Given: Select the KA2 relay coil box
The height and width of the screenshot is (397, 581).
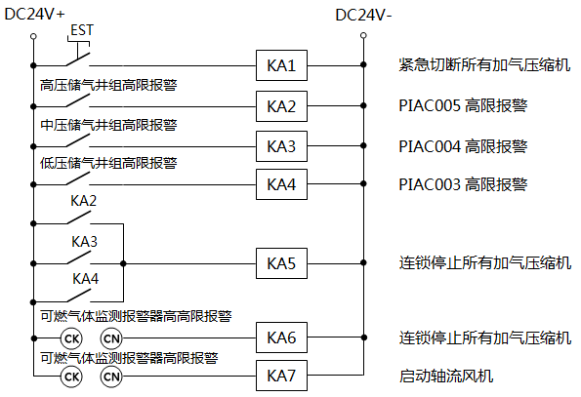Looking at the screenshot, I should click(281, 105).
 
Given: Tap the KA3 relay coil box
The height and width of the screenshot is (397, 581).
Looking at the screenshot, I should click(281, 145).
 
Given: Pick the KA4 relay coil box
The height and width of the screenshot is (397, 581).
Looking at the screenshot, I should click(281, 183).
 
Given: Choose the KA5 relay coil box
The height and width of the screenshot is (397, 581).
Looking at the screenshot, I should click(281, 263).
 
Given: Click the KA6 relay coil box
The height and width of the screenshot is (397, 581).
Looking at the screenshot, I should click(281, 337).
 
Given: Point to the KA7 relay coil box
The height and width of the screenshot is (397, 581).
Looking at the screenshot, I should click(281, 375).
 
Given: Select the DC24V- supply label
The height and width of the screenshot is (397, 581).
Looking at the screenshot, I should click(362, 15).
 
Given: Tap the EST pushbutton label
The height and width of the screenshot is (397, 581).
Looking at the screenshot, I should click(82, 30).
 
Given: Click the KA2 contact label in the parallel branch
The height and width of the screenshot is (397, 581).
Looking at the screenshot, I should click(84, 201).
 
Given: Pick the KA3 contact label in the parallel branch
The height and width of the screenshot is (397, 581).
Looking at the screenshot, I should click(84, 240).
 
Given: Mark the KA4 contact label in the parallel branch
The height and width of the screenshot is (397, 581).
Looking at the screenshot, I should click(84, 278).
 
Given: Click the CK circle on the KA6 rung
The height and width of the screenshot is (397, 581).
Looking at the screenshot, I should click(71, 337).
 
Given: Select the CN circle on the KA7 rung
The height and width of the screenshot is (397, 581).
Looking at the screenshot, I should click(111, 375).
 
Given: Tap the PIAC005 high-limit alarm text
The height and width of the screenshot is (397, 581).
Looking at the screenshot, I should click(463, 105).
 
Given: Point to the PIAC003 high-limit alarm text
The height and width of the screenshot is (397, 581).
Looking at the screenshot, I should click(463, 183).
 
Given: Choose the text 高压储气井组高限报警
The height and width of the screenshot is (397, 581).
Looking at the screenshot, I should click(108, 85).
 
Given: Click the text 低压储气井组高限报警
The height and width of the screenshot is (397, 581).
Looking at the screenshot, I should click(108, 162).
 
